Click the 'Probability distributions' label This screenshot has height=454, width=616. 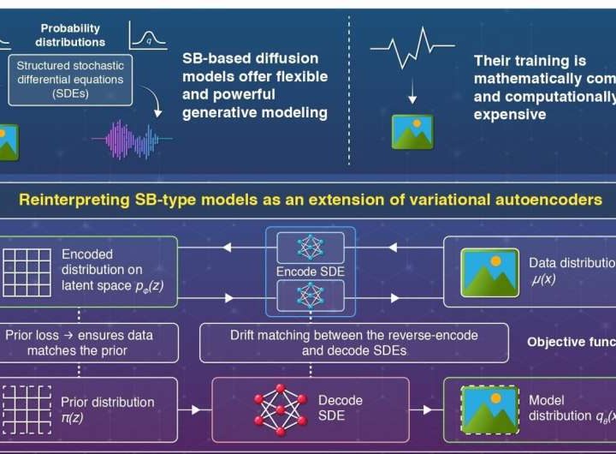(x=71, y=34)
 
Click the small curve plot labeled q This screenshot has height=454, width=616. (x=146, y=35)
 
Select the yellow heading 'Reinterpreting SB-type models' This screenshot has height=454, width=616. (x=309, y=200)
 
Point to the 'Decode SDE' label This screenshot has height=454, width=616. (x=341, y=407)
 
